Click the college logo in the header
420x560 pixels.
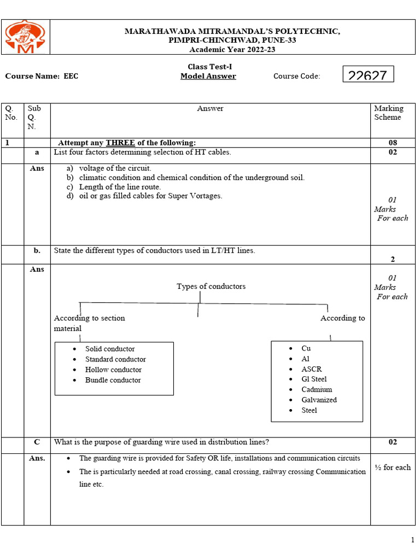click(x=25, y=37)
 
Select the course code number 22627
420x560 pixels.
click(x=367, y=75)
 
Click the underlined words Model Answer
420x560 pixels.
click(x=208, y=76)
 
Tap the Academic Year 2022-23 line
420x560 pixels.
click(x=232, y=49)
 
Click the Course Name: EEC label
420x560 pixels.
click(x=42, y=76)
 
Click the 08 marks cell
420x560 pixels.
click(x=393, y=143)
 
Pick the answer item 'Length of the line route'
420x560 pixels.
click(x=120, y=186)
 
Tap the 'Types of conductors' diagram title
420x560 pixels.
click(x=211, y=286)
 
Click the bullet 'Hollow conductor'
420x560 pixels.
click(x=113, y=370)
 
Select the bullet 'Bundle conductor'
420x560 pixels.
click(x=113, y=380)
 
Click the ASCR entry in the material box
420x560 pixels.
click(x=312, y=369)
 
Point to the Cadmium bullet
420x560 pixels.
click(x=317, y=389)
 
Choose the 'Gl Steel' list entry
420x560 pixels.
click(x=314, y=379)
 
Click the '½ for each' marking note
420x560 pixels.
click(x=392, y=467)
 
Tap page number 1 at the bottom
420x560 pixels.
click(x=412, y=540)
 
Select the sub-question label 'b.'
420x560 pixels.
click(x=37, y=250)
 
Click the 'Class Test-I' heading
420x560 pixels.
click(x=206, y=66)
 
